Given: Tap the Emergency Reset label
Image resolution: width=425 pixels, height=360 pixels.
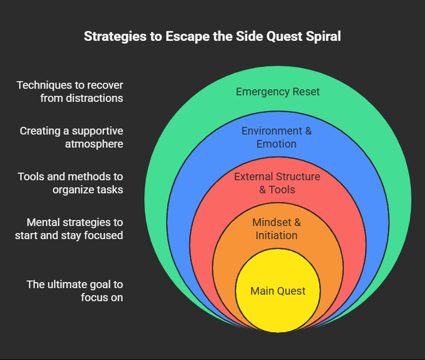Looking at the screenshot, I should [277, 91].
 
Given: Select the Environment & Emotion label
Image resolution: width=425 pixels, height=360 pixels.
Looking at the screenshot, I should [277, 137].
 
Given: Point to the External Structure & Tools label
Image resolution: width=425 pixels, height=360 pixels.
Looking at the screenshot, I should [277, 183].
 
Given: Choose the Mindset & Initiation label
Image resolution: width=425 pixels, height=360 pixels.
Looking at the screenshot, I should [277, 229].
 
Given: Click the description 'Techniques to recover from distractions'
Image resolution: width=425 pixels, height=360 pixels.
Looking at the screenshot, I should [70, 91].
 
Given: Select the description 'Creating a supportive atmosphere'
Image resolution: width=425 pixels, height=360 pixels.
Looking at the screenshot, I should [71, 137].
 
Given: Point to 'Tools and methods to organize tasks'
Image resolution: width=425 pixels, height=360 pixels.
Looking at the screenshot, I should [70, 183].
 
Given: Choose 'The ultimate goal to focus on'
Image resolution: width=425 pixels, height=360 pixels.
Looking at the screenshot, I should [75, 291].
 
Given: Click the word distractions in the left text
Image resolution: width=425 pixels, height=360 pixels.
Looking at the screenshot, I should [82, 99].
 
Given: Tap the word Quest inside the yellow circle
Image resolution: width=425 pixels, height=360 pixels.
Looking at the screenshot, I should [292, 291].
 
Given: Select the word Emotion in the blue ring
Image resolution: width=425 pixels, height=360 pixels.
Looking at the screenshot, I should [277, 144].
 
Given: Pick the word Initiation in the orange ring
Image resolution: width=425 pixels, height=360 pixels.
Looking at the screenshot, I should [277, 236].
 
